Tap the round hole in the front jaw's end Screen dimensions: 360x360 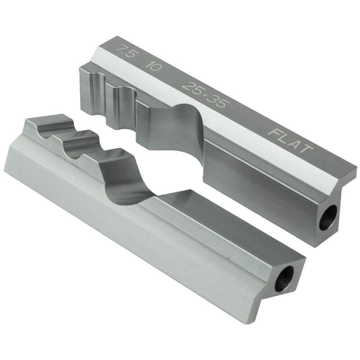click(x=284, y=279)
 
